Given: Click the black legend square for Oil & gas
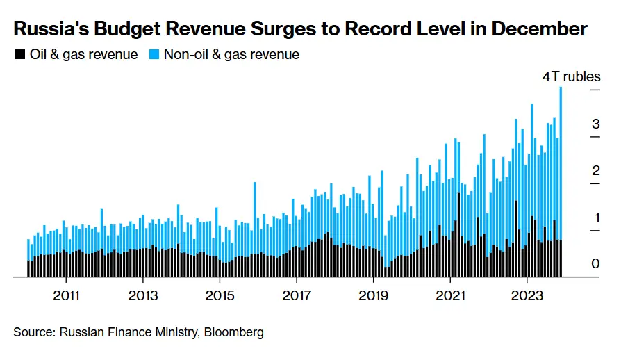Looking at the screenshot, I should [x=19, y=54].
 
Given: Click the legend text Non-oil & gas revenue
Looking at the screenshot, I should [x=231, y=54].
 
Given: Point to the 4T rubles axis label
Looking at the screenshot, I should [x=571, y=77].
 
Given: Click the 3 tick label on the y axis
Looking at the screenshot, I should [x=595, y=124].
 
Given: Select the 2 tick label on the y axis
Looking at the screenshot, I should [x=595, y=171].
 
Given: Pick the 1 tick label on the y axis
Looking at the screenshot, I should [x=595, y=218].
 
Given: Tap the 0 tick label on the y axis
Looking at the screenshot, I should [x=595, y=264].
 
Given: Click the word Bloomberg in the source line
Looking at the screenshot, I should [x=234, y=332].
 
